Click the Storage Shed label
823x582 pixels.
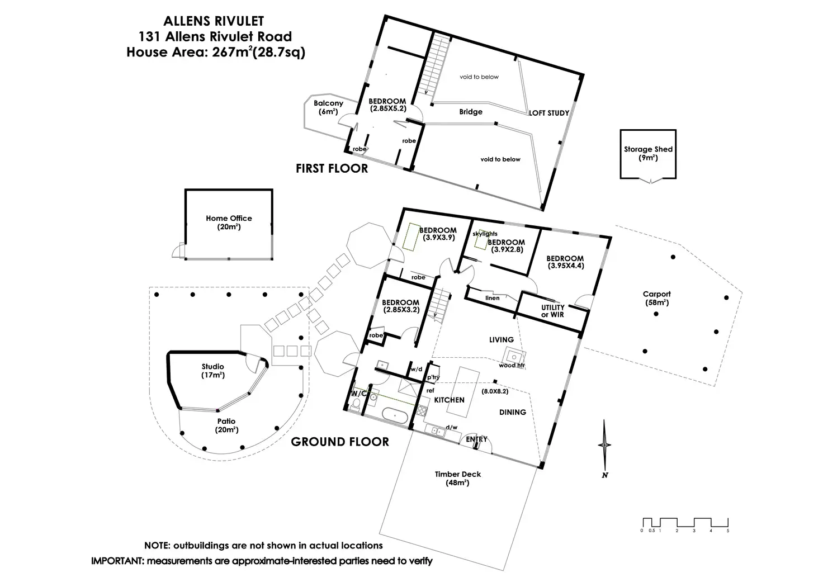(648, 153)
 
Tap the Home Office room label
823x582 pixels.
(229, 223)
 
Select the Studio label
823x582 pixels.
(212, 371)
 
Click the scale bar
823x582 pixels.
(685, 525)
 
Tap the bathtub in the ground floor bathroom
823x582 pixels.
(395, 415)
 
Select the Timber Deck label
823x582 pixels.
(458, 479)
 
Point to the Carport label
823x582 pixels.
(656, 299)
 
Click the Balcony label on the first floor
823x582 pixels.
(328, 107)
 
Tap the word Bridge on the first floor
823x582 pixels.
(471, 112)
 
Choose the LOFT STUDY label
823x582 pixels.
(549, 113)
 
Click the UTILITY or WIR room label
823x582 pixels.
(552, 311)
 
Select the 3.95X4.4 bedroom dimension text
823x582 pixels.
(566, 266)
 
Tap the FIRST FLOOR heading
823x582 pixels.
(332, 168)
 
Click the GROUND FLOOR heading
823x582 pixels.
(340, 442)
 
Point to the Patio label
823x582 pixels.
(226, 425)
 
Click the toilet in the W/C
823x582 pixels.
(356, 405)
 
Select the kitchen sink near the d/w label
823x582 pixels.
(435, 430)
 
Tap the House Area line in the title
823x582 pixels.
(216, 52)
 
